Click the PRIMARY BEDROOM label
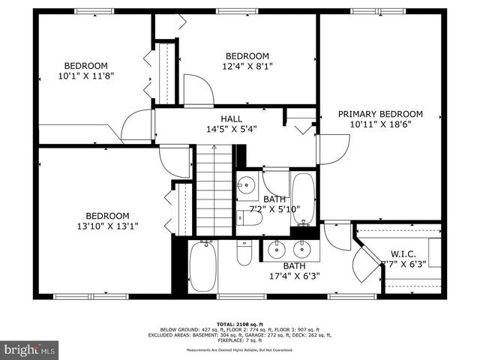tap(380, 114)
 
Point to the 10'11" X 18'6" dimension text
tap(380, 125)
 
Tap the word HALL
tap(231, 118)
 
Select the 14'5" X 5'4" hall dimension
tap(231, 128)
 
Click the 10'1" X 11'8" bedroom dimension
tap(85, 76)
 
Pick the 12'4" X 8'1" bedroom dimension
tap(247, 66)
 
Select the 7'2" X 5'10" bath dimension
tap(274, 209)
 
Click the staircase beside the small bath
tap(214, 191)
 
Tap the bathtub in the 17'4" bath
tap(203, 267)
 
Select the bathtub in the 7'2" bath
tap(303, 199)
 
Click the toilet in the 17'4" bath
tap(244, 253)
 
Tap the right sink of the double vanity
tap(304, 248)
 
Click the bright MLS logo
tap(30, 349)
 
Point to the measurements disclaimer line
tap(240, 349)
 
